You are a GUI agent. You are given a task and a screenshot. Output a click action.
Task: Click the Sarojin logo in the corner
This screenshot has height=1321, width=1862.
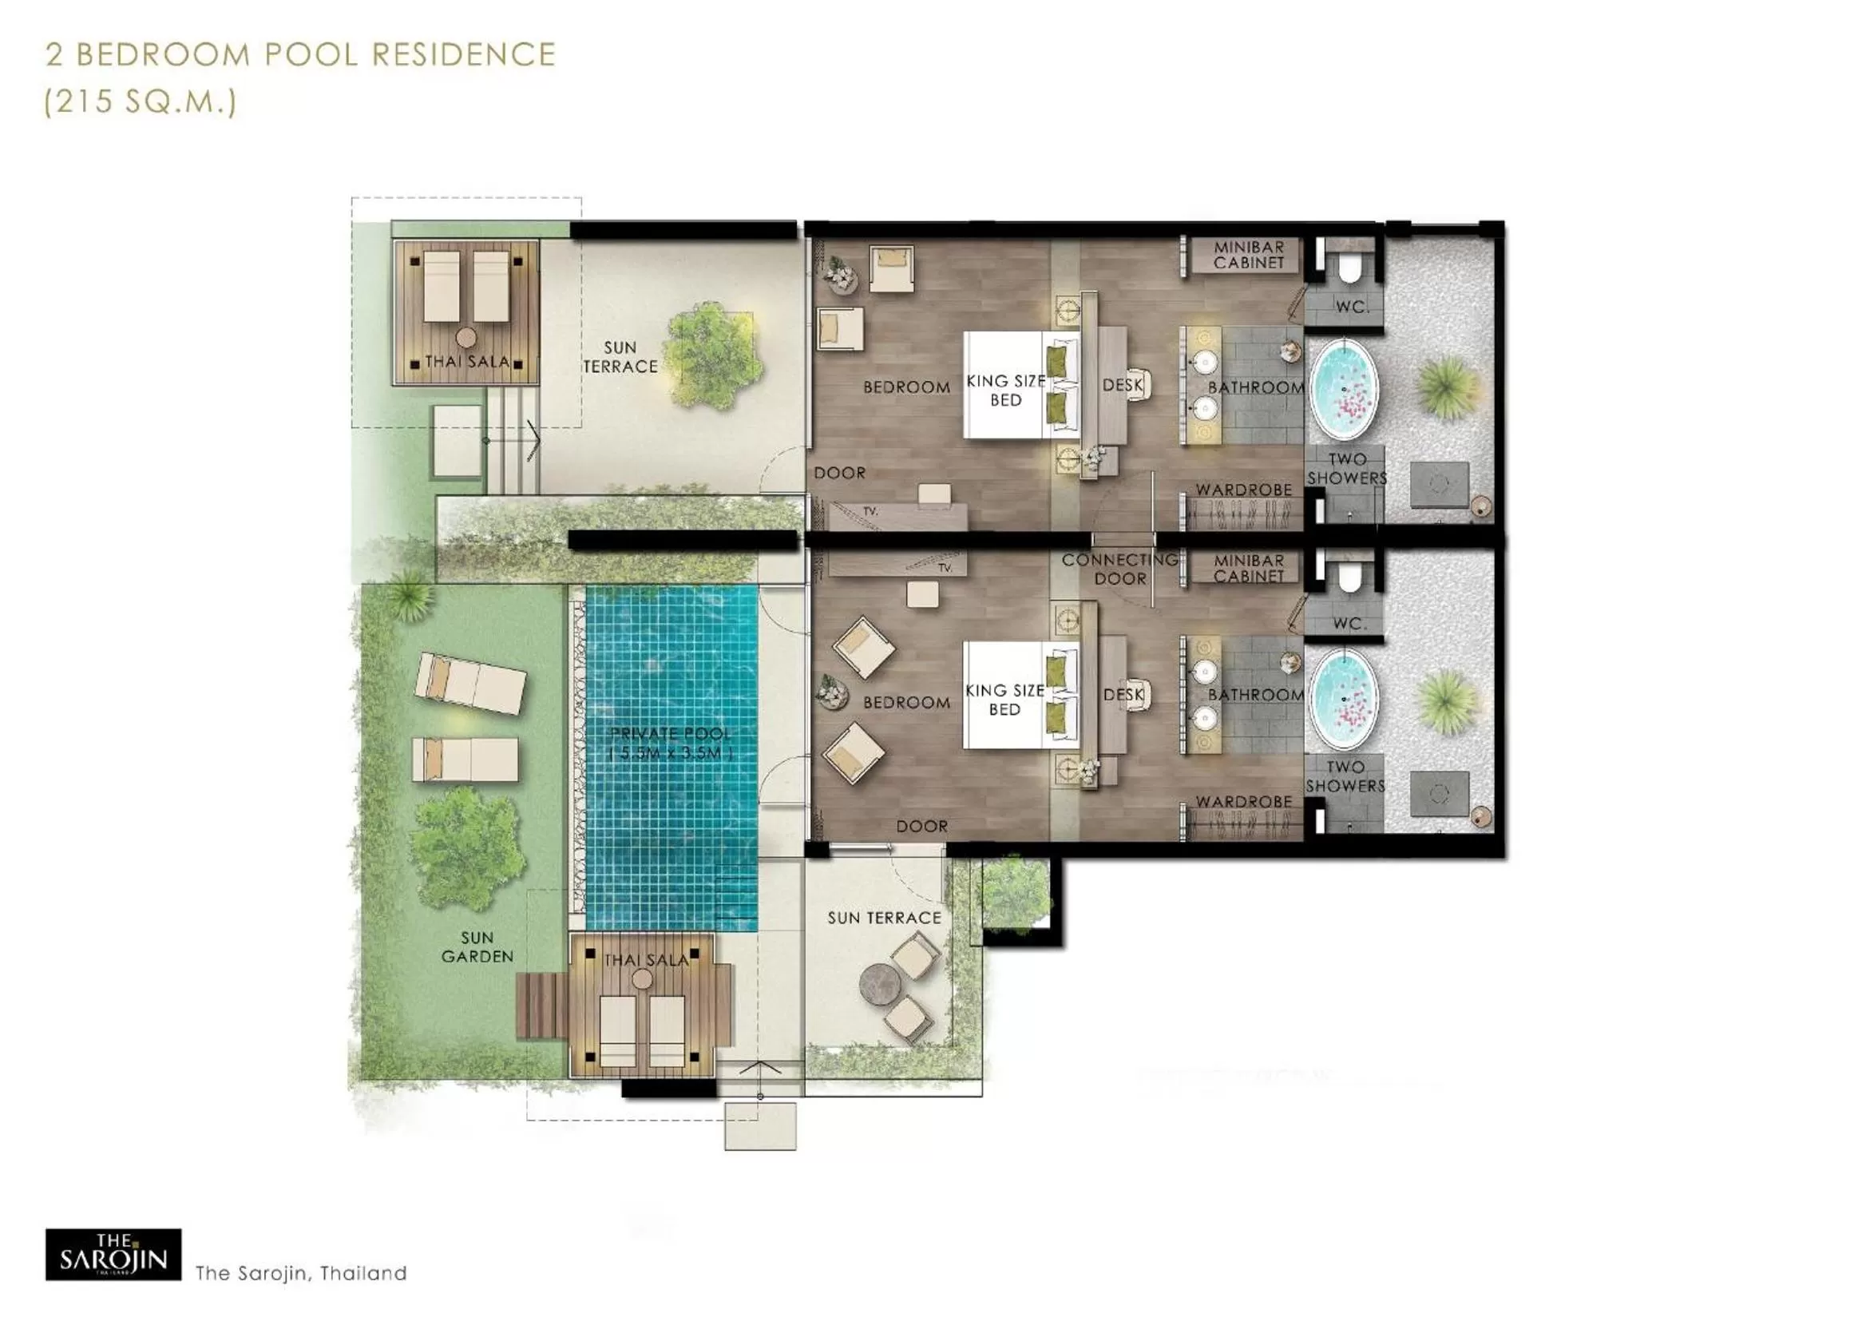(x=113, y=1254)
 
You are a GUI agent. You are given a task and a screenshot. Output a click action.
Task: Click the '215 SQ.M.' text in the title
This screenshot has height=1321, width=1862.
(x=140, y=101)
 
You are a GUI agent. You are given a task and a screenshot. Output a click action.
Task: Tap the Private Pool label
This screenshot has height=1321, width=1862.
(x=671, y=743)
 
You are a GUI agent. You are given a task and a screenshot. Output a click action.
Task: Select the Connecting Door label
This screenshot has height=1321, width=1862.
(x=1119, y=569)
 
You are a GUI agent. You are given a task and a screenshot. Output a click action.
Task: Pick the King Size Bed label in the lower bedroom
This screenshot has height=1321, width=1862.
(x=1005, y=700)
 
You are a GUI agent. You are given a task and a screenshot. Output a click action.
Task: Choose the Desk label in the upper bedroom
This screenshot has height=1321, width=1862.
(x=1122, y=385)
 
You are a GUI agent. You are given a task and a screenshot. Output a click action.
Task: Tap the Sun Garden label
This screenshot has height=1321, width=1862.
(x=477, y=947)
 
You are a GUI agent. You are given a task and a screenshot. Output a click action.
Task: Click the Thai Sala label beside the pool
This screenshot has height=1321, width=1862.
(x=646, y=960)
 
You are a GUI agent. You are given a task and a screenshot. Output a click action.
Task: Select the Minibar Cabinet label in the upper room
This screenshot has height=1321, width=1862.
(x=1249, y=255)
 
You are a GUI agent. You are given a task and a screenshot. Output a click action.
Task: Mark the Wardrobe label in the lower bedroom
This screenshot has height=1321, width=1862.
(x=1243, y=802)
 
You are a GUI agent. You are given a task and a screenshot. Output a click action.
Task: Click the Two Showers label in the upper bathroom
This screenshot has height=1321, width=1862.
(x=1346, y=469)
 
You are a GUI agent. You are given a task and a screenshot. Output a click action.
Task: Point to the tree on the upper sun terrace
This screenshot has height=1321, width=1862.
(x=713, y=355)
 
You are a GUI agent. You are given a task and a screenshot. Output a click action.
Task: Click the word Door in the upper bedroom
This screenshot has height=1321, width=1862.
(x=839, y=473)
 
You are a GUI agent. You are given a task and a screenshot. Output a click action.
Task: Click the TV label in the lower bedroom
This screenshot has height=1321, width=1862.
(x=945, y=568)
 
